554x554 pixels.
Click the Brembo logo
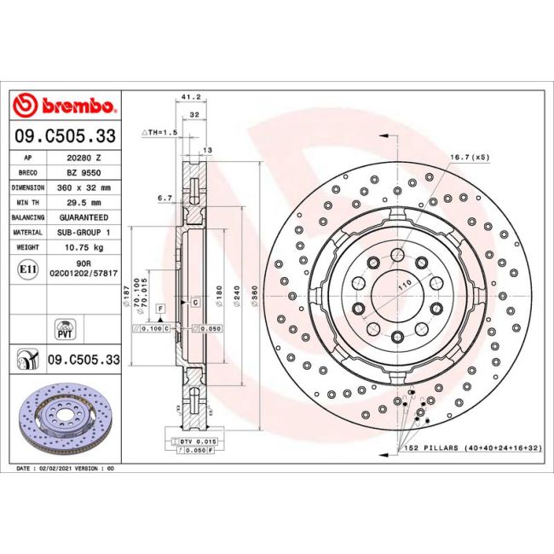[x=64, y=105]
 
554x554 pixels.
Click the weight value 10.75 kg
[x=84, y=247]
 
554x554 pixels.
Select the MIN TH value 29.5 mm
[x=84, y=203]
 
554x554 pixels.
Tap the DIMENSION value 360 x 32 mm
[x=84, y=188]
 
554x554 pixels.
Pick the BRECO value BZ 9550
[x=84, y=173]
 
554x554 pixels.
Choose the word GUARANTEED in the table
[x=84, y=217]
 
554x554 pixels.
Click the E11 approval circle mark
[x=27, y=269]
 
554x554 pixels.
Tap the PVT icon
[x=65, y=329]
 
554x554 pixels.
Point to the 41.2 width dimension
[x=191, y=96]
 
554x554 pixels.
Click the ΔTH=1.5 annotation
[x=159, y=132]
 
